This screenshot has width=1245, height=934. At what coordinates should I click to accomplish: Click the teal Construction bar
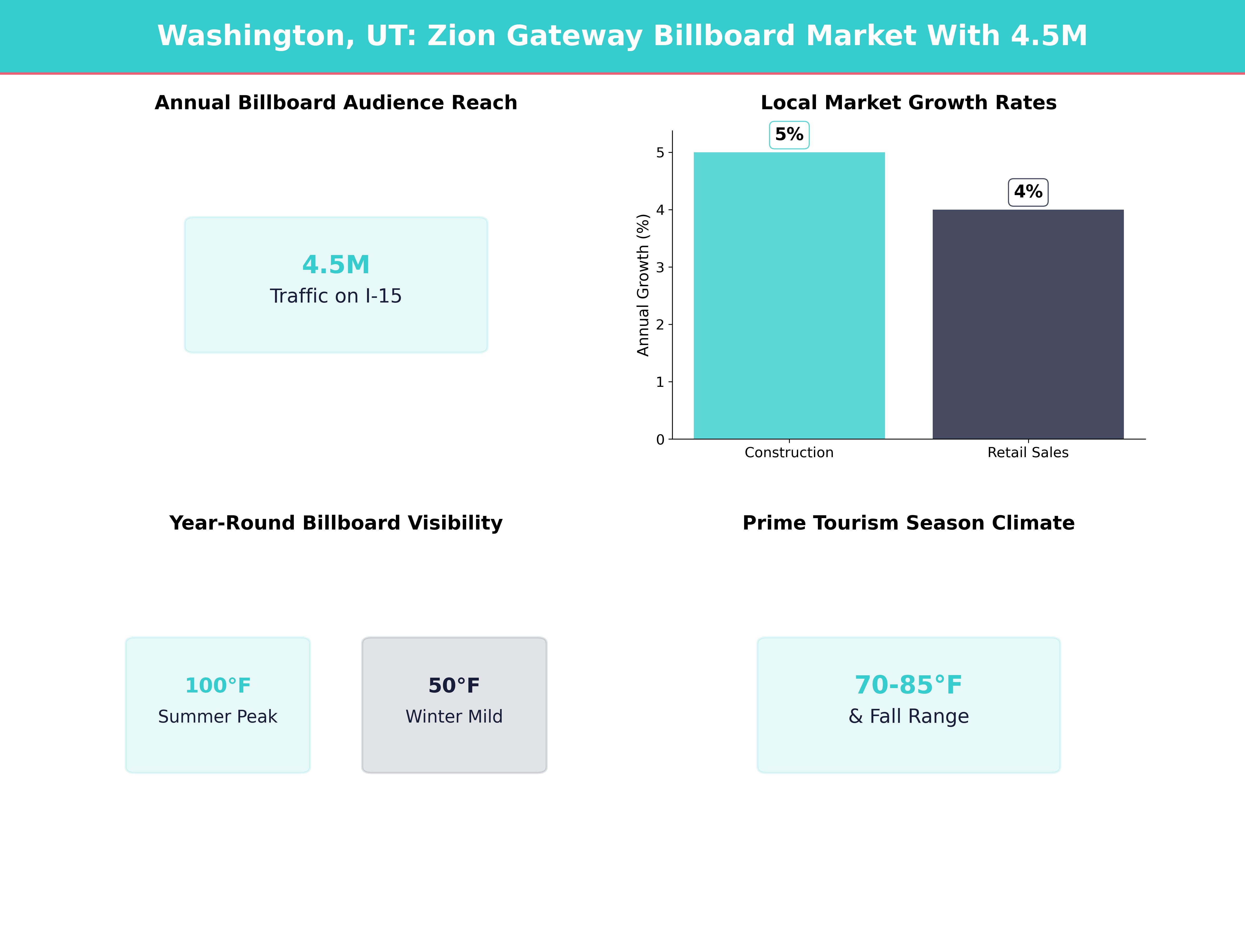point(789,296)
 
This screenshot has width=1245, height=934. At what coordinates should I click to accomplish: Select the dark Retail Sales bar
point(1028,324)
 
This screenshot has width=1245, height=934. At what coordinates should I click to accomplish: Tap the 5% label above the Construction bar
point(789,135)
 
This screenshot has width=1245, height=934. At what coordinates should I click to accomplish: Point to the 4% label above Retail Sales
point(1028,192)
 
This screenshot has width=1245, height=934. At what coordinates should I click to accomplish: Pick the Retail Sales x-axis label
point(1028,453)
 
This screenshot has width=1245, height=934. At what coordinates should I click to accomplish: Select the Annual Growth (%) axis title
point(643,285)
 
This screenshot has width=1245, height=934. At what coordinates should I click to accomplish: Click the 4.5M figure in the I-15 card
point(336,265)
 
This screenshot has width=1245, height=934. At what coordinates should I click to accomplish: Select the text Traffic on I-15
point(336,296)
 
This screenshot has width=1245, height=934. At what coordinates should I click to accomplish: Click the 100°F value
point(218,685)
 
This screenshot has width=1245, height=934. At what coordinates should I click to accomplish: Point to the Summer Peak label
point(218,717)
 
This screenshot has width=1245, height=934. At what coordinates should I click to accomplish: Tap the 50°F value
point(454,685)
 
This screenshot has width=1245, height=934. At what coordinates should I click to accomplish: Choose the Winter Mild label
point(454,717)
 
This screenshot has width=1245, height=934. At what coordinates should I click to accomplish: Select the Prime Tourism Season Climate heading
point(908,523)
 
